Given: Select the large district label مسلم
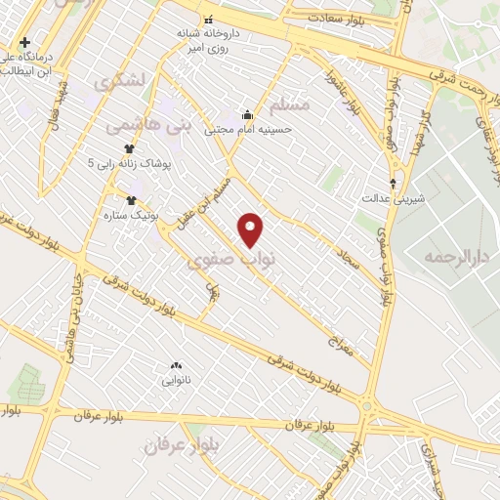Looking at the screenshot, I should coord(288,104).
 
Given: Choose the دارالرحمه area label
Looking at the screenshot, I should coord(454,258).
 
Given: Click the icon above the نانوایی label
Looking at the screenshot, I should coord(176,363).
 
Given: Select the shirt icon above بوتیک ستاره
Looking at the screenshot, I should coord(131,200).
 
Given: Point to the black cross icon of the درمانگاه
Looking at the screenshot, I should coord(24,42).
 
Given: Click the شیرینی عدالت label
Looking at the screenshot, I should coord(394,198).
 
